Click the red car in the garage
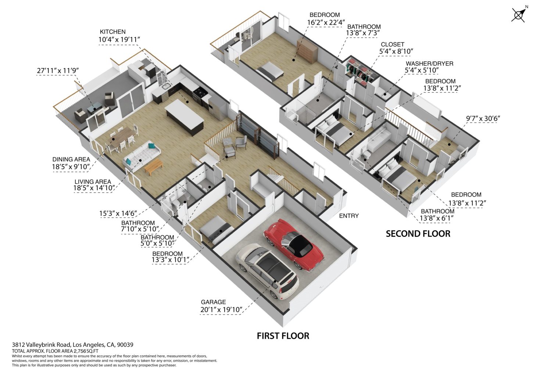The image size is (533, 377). point(294,245)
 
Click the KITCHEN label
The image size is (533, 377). point(112,32)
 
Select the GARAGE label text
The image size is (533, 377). point(213,302)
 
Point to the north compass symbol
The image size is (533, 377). point(519,14)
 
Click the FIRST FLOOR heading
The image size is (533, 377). point(283,336)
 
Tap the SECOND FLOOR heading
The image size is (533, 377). point(418,234)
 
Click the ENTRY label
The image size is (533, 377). point(349,216)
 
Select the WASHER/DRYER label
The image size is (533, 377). point(429,64)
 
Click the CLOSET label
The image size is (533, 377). point(392,45)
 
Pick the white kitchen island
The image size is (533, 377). point(185,117)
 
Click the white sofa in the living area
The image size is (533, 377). point(142,156)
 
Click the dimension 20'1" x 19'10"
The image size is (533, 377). point(221,310)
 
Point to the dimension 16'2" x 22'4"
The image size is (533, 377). point(326,22)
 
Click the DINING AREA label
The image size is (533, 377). point(71,159)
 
